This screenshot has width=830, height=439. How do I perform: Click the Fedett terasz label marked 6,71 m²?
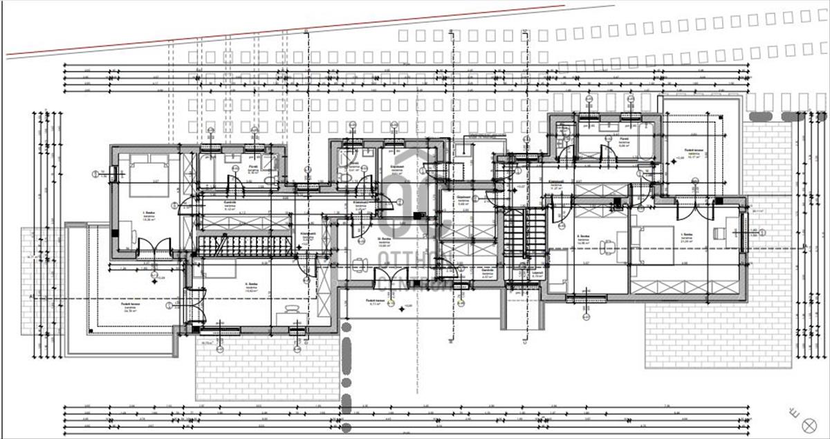[376, 303]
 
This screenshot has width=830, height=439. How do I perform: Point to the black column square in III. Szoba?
[418, 215]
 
